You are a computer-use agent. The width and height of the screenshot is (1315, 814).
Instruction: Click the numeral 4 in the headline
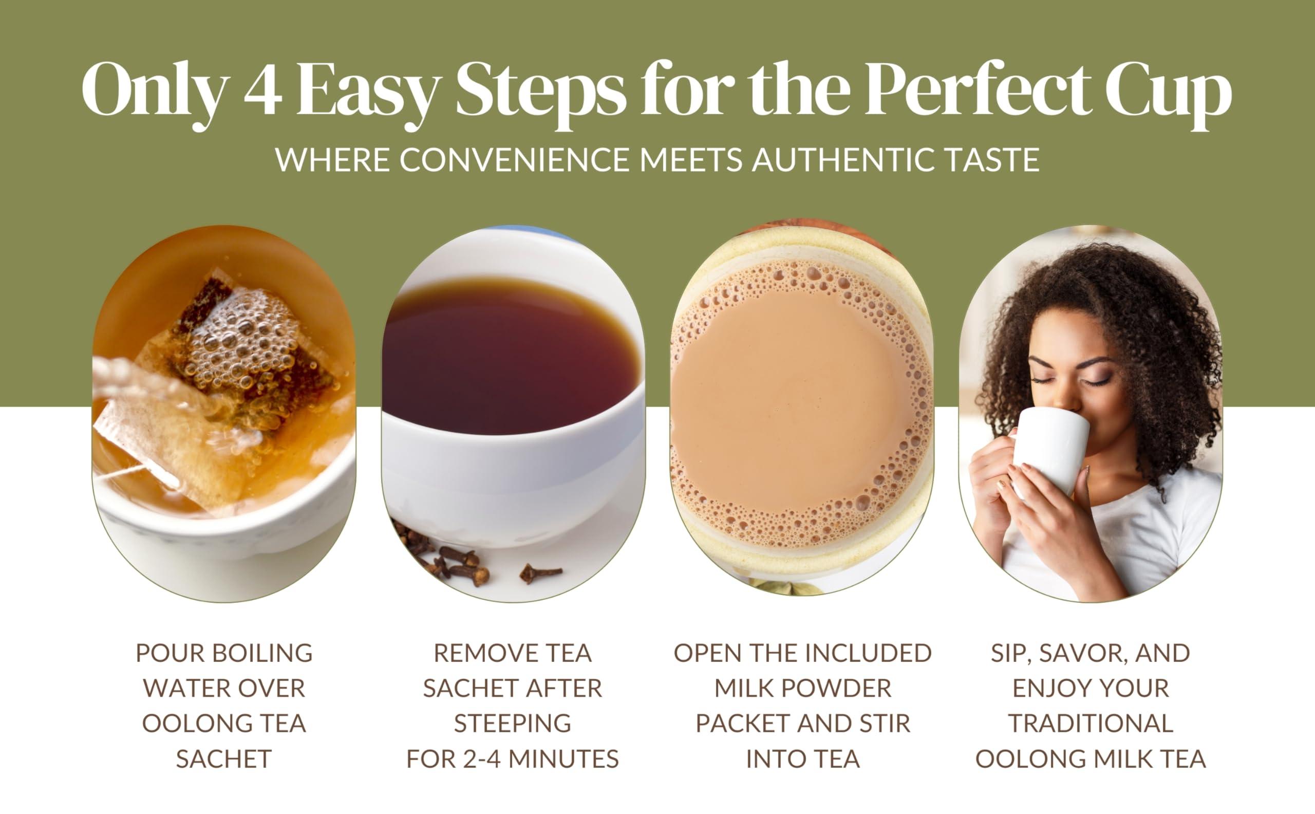[263, 90]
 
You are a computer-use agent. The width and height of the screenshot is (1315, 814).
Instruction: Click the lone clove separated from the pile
[540, 573]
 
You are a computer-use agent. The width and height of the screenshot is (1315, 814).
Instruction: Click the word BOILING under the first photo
[262, 653]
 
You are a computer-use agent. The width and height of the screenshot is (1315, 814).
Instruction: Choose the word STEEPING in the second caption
[512, 724]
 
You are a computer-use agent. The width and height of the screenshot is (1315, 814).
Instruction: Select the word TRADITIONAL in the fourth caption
[1091, 724]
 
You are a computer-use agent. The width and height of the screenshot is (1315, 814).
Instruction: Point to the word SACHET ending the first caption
[223, 759]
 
